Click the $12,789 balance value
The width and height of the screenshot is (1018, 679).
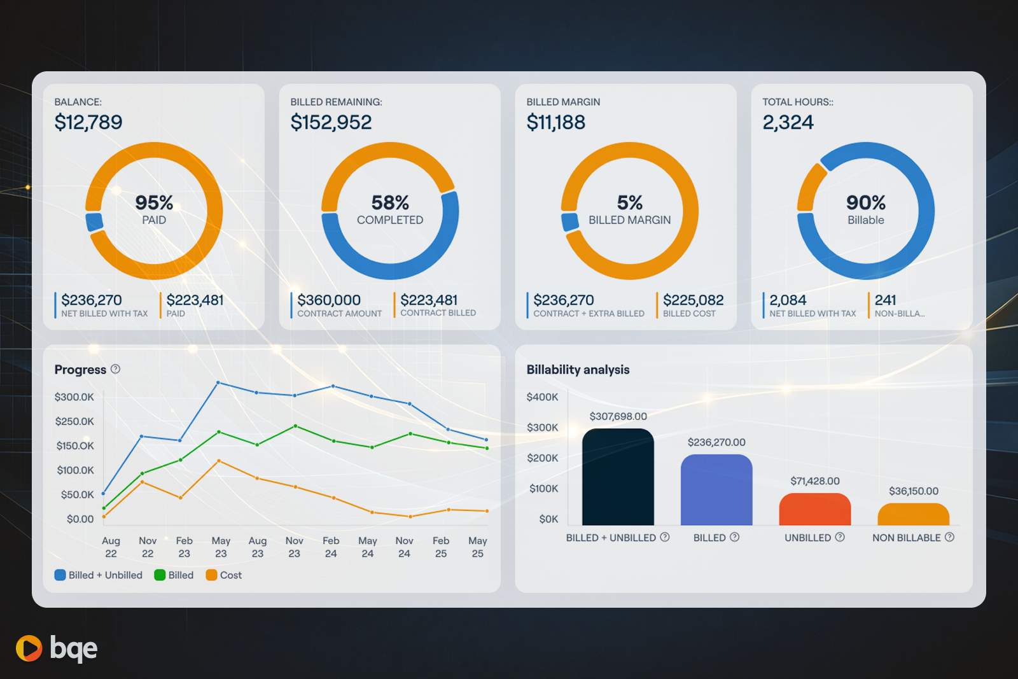coord(88,122)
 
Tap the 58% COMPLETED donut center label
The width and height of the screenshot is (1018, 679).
coord(390,209)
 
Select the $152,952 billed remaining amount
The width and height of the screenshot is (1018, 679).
coord(331,122)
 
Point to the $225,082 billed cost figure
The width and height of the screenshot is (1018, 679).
coord(693,300)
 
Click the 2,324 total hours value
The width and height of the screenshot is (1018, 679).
coord(788,122)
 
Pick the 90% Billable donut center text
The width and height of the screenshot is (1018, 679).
coord(865,209)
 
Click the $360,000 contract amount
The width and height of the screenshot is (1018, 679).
coord(329,300)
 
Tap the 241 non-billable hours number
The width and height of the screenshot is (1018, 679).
coord(885,300)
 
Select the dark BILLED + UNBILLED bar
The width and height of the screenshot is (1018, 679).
coord(618,477)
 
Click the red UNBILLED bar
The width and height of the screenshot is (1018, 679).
coord(814,509)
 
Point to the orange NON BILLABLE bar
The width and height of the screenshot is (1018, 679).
coord(913,514)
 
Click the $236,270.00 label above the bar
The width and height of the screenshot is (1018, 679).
coord(716,442)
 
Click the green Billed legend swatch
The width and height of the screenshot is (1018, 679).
coord(160,575)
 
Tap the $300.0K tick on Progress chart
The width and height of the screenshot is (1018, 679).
coord(74,397)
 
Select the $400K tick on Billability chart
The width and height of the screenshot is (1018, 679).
coord(542,397)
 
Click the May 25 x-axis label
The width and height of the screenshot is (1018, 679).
coord(478,547)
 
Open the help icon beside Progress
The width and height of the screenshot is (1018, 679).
coord(115,369)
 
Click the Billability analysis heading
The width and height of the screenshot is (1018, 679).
coord(578,370)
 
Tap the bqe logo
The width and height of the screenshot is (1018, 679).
coord(57,648)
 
